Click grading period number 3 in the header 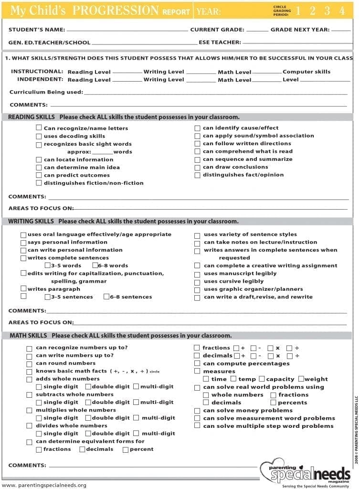click(328, 11)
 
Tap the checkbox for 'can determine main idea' click(39, 168)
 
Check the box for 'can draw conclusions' click(198, 167)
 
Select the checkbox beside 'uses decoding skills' click(39, 136)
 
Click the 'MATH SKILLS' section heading click(28, 336)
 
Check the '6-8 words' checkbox click(95, 266)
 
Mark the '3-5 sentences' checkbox click(48, 297)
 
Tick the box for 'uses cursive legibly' click(197, 282)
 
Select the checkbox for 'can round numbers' click(30, 364)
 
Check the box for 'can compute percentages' click(197, 364)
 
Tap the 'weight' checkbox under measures click(301, 379)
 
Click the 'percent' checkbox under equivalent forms click(126, 449)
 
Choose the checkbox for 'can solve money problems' click(197, 411)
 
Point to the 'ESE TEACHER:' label click(220, 43)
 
